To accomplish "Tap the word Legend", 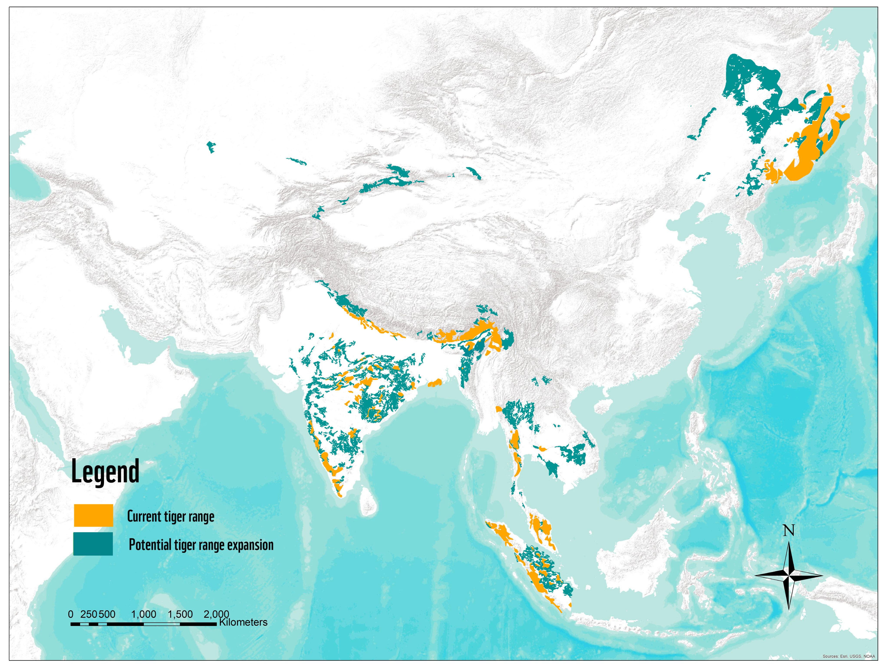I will click(105, 472).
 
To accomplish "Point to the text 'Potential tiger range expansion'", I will click(201, 545).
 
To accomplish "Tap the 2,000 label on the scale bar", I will click(216, 614).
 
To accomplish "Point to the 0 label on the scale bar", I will click(71, 614).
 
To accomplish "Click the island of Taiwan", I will click(694, 368).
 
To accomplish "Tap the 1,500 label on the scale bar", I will click(180, 614).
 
